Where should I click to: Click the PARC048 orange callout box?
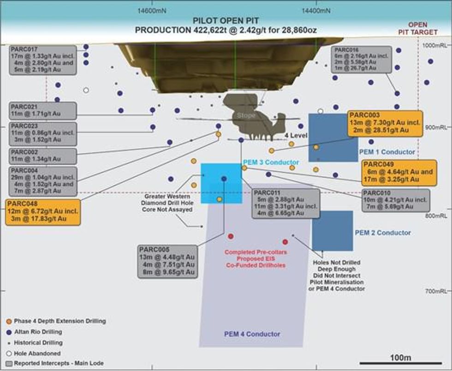[43, 211]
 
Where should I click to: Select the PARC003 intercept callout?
[385, 123]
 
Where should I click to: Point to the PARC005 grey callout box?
[167, 261]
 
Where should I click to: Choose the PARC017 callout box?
[42, 60]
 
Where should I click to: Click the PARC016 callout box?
[362, 59]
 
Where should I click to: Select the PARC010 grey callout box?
[396, 200]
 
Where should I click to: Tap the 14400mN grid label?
[316, 10]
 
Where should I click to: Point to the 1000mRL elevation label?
[436, 46]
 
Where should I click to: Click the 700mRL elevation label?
[436, 291]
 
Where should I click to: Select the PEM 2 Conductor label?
[383, 233]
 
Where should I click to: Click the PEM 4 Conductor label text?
[252, 334]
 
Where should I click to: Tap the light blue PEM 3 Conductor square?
[221, 183]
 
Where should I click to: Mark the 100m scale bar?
[400, 363]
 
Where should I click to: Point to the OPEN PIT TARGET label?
[418, 28]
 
